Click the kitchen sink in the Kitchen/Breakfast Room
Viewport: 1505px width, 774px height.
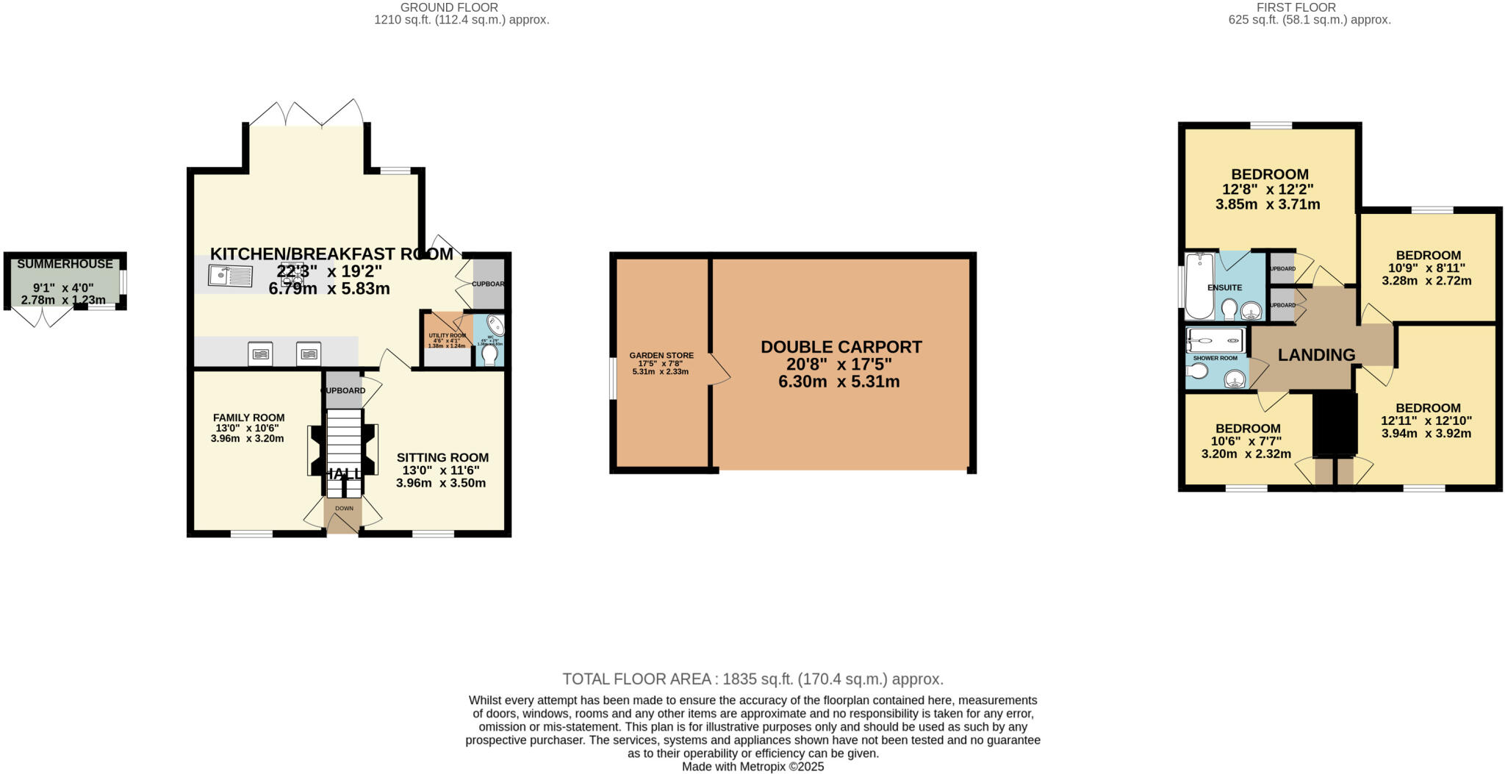[x=230, y=276]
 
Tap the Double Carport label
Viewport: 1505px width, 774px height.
[x=841, y=347]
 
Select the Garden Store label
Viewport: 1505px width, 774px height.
[x=661, y=356]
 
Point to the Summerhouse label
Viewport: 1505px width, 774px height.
[x=65, y=264]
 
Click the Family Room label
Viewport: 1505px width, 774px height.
[x=248, y=418]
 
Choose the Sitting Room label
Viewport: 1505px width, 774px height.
[x=442, y=457]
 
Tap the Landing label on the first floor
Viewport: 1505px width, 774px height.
[x=1316, y=355]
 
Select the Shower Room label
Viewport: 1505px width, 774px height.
[x=1215, y=358]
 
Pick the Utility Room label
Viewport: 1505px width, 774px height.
[x=447, y=335]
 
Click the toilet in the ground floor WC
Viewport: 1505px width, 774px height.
[x=489, y=355]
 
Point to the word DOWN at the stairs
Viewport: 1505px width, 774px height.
[x=344, y=508]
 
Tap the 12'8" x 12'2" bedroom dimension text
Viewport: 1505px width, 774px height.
[x=1269, y=189]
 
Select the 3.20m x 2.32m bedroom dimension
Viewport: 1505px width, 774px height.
[x=1246, y=454]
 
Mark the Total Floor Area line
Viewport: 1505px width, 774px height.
[x=752, y=679]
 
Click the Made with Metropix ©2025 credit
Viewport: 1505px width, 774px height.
[x=752, y=767]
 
